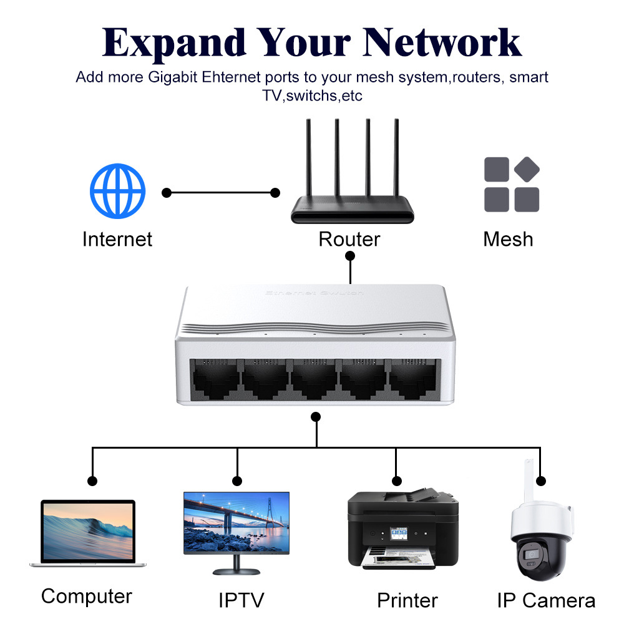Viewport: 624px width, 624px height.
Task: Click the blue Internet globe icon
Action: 117,191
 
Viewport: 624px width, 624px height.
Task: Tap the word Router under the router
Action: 349,239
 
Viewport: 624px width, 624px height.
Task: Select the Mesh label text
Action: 508,239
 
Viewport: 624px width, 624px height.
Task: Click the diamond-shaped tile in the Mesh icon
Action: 527,169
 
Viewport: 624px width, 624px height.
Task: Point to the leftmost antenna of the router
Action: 309,157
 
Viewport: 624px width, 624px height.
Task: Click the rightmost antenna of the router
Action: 396,157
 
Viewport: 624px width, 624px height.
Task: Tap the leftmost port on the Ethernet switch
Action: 215,379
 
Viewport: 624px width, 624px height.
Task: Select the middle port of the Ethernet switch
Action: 314,379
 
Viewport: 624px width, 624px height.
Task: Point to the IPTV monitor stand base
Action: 236,572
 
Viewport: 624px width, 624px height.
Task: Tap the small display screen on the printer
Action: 399,534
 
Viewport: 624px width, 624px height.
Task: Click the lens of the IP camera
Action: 531,554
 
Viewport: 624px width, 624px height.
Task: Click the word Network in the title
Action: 442,43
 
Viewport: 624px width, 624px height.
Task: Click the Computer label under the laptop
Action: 86,596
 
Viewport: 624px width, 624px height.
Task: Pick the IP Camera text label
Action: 546,600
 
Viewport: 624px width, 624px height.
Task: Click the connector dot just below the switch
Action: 316,417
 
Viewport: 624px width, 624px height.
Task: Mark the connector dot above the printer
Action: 396,480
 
